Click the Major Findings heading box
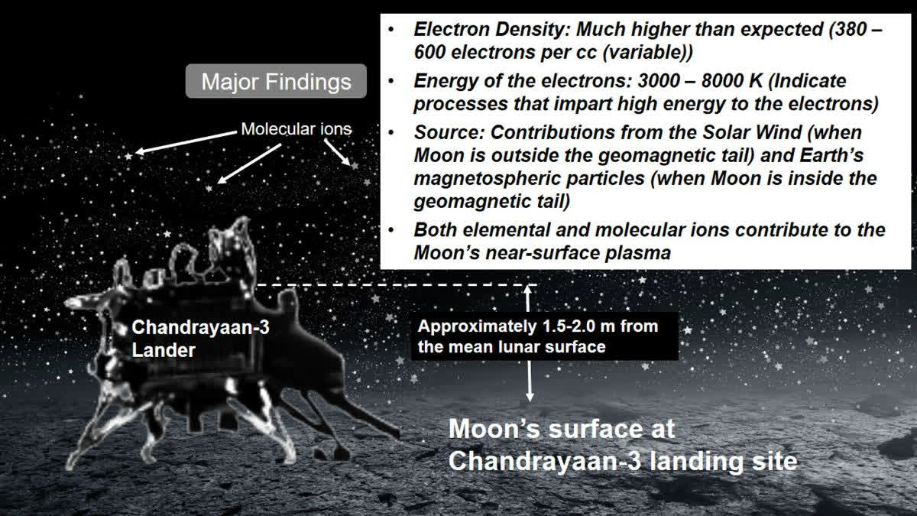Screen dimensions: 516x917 point(276,82)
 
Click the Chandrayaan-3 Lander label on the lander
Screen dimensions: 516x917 point(200,339)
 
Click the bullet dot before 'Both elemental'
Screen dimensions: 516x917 point(391,230)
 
